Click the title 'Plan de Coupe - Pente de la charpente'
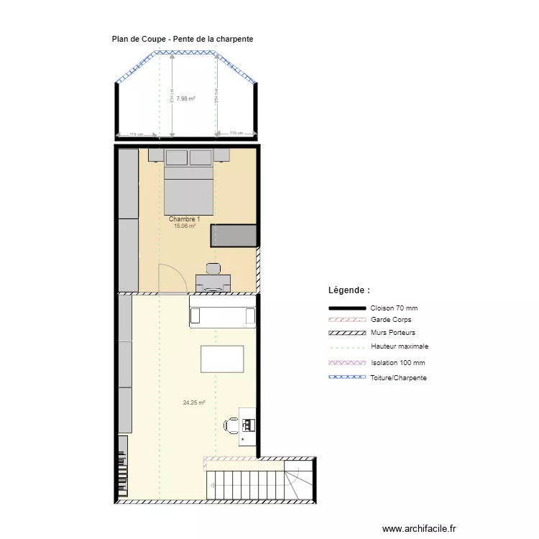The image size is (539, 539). [182, 39]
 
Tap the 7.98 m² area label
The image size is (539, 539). [186, 99]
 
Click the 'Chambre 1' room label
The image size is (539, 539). [184, 218]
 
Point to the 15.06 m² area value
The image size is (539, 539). [185, 226]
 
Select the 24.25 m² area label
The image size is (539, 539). [194, 403]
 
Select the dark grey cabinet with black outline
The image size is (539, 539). [234, 236]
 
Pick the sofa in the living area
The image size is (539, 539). [223, 316]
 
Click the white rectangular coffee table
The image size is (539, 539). [222, 359]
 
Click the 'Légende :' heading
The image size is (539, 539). [349, 290]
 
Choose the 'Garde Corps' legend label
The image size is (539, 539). [391, 320]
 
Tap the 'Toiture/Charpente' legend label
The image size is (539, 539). [398, 377]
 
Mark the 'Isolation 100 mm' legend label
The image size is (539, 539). [397, 363]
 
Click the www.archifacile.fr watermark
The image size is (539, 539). [418, 528]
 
